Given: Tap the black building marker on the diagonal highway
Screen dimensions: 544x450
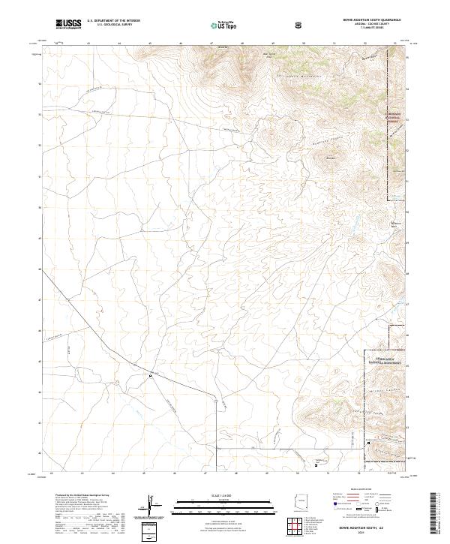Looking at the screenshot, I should pyautogui.click(x=150, y=377).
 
